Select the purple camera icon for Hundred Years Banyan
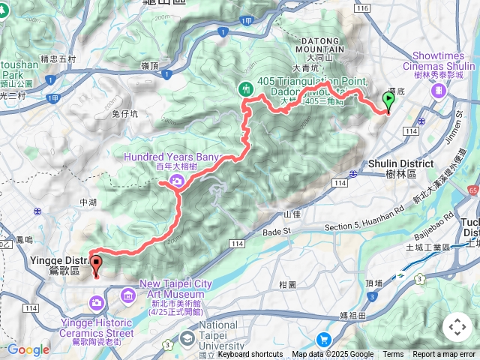coord(175,180)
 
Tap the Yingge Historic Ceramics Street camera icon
coord(97,303)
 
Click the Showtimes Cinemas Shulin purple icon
coord(438,90)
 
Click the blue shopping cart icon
coord(324,340)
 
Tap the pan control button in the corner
coord(457,327)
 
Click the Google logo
coord(28,349)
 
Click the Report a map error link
coord(445,355)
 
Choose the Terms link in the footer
coord(393,355)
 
